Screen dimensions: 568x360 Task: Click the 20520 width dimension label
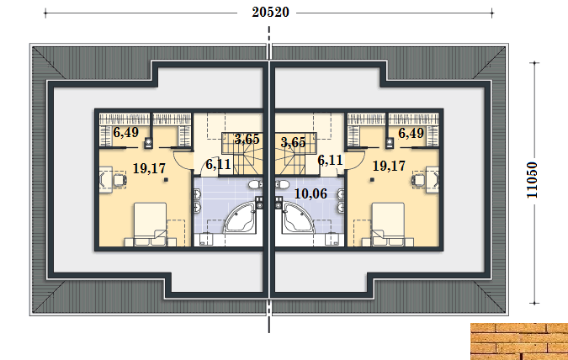(x=271, y=13)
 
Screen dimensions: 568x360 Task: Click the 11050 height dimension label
(x=532, y=180)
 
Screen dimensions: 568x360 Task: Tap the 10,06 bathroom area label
(x=311, y=193)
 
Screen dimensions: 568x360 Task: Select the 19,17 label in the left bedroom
(x=149, y=168)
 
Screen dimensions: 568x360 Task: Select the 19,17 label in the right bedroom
(x=389, y=166)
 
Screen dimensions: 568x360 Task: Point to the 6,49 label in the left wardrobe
(x=125, y=133)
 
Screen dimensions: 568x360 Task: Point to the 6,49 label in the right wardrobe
(x=411, y=133)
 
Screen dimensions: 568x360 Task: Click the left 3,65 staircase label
(x=247, y=139)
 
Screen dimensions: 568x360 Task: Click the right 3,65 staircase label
(x=293, y=142)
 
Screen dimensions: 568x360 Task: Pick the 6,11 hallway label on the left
(x=218, y=164)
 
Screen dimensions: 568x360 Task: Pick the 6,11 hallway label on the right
(x=330, y=160)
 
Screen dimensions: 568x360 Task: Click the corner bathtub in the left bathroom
(x=240, y=217)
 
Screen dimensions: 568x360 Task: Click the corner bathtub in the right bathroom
(x=298, y=217)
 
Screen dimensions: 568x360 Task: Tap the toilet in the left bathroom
(x=255, y=184)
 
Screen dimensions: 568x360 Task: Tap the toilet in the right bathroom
(x=282, y=184)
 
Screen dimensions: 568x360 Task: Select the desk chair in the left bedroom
(x=119, y=180)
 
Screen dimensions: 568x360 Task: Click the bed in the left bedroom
(x=150, y=225)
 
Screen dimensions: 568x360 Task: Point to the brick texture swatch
(x=519, y=341)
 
